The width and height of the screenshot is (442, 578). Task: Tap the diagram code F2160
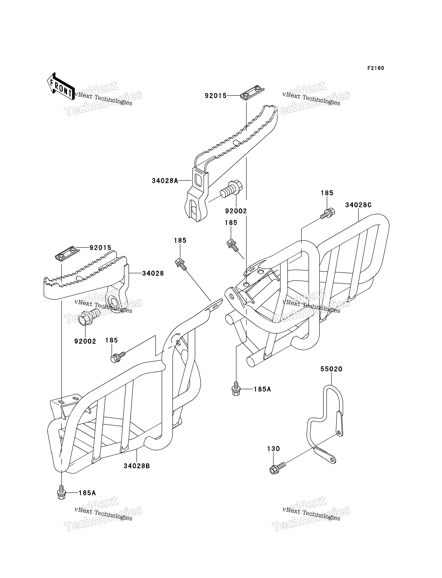[376, 68]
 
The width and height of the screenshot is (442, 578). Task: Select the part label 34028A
[165, 181]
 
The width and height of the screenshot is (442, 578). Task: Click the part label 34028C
[358, 205]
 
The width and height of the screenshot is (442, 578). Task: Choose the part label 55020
[331, 369]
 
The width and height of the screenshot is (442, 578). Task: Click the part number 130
[274, 449]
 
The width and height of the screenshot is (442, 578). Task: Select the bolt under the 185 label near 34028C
[327, 213]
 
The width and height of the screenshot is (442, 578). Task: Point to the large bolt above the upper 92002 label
[231, 190]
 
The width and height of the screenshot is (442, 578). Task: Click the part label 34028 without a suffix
[153, 274]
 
